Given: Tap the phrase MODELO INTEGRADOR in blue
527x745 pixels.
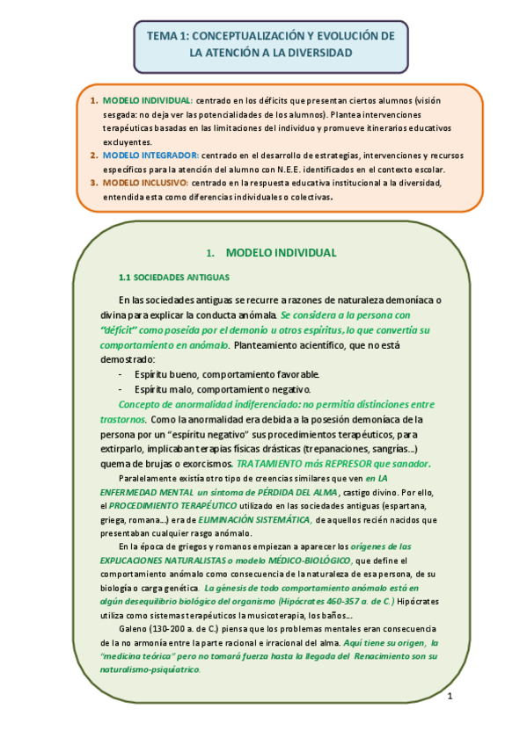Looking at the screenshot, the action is (x=144, y=156).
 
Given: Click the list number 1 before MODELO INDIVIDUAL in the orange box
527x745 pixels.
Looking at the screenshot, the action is (x=94, y=100).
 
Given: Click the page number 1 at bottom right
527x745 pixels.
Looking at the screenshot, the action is (x=449, y=697).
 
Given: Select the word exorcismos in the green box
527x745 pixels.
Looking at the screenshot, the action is (x=203, y=463).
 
